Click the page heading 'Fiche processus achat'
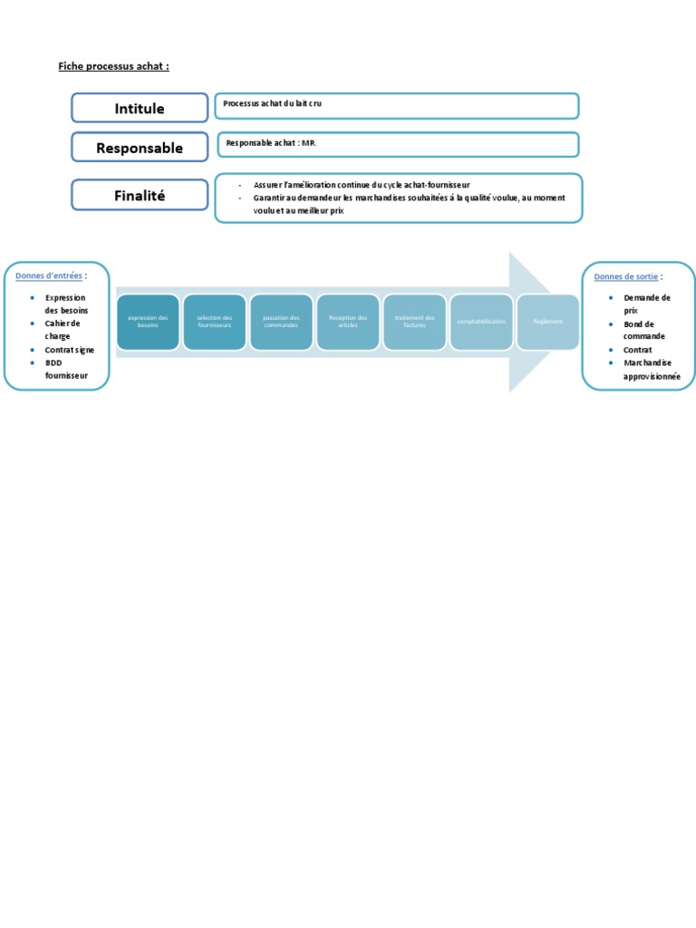[x=113, y=66]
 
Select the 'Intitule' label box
[x=140, y=108]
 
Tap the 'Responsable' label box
[x=140, y=148]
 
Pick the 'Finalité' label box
[x=140, y=195]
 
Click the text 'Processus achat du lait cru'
[x=273, y=104]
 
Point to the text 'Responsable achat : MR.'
[x=271, y=143]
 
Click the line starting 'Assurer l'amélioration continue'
[x=362, y=185]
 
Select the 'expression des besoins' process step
[x=149, y=322]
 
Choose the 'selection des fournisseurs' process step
[x=215, y=322]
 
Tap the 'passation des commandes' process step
[x=281, y=322]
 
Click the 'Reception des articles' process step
[x=348, y=322]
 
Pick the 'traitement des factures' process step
[x=415, y=322]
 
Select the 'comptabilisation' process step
[x=481, y=322]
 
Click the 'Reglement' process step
[x=548, y=322]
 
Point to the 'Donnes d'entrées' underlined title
[x=49, y=275]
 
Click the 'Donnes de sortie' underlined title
[x=626, y=276]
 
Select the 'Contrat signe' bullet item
[x=70, y=349]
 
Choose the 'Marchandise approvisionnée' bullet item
[x=652, y=369]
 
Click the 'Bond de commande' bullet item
[x=644, y=330]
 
